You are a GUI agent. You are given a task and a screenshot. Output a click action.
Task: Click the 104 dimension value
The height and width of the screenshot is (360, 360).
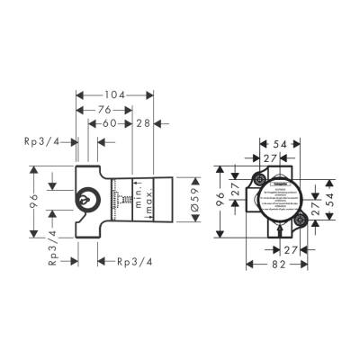click(113, 94)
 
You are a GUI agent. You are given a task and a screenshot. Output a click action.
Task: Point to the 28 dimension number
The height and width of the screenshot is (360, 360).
click(144, 124)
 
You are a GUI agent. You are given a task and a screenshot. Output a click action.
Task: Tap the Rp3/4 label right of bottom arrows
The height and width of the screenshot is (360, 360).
click(133, 262)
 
